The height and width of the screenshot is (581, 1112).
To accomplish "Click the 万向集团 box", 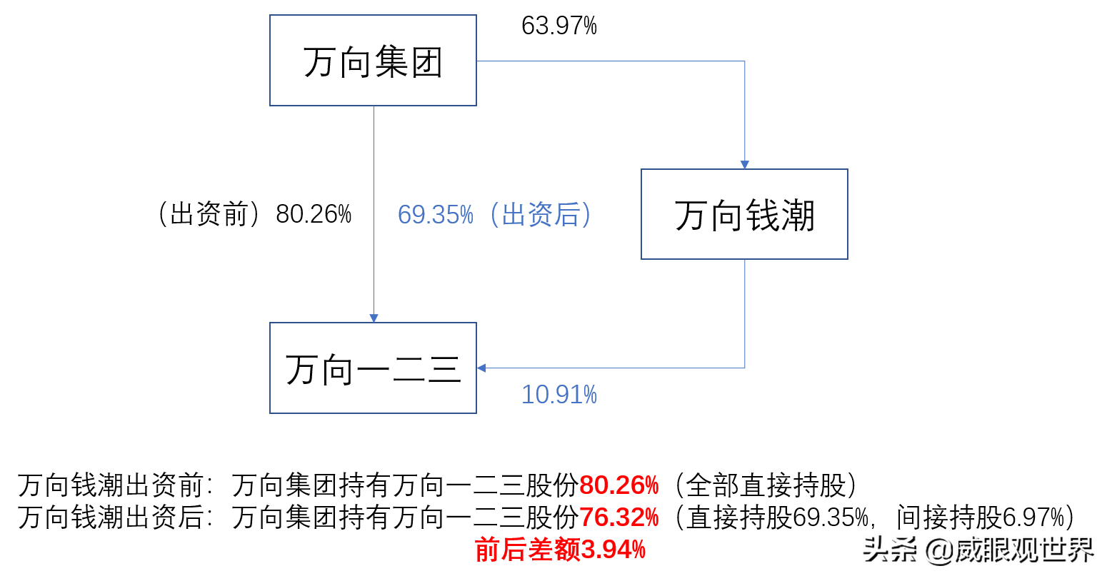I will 373,61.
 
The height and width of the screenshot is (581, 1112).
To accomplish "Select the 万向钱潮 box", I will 744,214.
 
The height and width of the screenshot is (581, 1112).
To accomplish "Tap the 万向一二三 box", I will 373,368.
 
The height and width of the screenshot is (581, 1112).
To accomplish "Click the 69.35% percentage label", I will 435,215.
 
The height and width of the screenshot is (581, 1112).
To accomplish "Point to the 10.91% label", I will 558,395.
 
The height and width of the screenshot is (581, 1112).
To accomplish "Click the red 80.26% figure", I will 618,485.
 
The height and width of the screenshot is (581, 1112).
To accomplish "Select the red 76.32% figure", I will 618,517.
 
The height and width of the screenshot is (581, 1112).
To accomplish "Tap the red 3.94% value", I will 613,550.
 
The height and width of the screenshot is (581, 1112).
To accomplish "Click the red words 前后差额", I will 528,550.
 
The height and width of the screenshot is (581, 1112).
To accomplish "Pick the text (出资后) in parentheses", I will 541,215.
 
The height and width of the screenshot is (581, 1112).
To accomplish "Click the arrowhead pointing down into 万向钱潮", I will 744,165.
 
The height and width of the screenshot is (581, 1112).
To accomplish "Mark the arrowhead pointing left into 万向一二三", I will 481,368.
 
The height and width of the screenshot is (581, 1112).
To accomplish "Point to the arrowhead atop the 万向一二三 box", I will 373,318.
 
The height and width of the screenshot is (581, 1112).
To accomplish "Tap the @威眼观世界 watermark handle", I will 1007,548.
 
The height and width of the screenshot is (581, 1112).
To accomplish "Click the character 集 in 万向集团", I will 391,62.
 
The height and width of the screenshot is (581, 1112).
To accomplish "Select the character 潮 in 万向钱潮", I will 798,216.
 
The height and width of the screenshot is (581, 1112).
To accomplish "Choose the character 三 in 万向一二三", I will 444,370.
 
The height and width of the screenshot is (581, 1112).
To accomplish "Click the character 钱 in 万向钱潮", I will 762,216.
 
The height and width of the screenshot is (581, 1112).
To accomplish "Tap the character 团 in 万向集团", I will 426,62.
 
